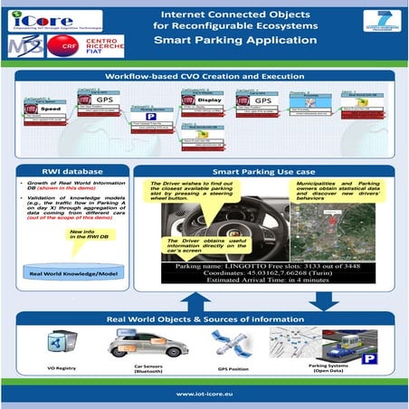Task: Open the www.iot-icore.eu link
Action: point(204,395)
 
